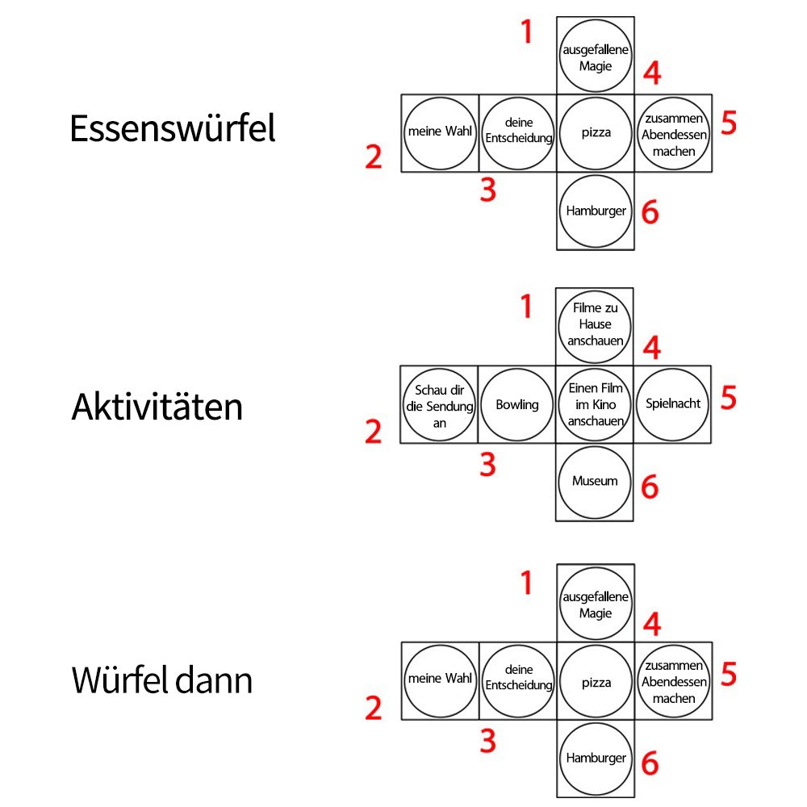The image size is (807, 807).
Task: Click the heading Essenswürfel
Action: click(x=172, y=129)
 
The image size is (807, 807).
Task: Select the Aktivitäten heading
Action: click(x=157, y=407)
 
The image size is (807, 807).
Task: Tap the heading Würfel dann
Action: click(x=161, y=680)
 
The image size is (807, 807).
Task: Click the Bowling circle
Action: click(x=517, y=404)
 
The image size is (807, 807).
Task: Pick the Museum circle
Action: click(x=595, y=482)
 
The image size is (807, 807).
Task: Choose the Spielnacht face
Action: click(x=673, y=403)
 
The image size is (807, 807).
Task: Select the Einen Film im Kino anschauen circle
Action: click(x=596, y=404)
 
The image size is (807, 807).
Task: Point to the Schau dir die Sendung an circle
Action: click(x=440, y=404)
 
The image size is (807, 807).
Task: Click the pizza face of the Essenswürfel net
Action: click(x=596, y=133)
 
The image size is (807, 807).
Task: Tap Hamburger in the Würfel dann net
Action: click(x=596, y=759)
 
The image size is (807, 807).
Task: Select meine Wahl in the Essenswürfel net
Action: click(x=440, y=132)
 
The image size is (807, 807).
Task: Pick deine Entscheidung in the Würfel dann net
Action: click(x=518, y=680)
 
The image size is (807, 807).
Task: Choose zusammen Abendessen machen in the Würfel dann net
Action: click(x=674, y=680)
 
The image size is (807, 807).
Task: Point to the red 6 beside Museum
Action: click(x=650, y=487)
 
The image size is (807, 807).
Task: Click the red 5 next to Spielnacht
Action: click(x=729, y=398)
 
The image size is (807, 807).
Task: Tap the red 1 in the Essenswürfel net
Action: click(x=527, y=33)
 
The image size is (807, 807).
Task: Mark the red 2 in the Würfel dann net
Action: click(x=373, y=709)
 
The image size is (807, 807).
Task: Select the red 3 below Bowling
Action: click(x=487, y=465)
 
